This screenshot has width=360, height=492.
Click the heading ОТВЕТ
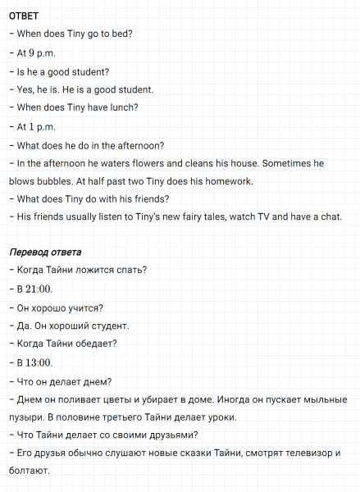[24, 15]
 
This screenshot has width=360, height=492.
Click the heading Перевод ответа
[45, 252]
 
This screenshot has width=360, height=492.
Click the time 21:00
[39, 289]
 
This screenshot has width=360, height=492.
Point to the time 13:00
[39, 363]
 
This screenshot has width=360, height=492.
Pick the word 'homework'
[228, 181]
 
